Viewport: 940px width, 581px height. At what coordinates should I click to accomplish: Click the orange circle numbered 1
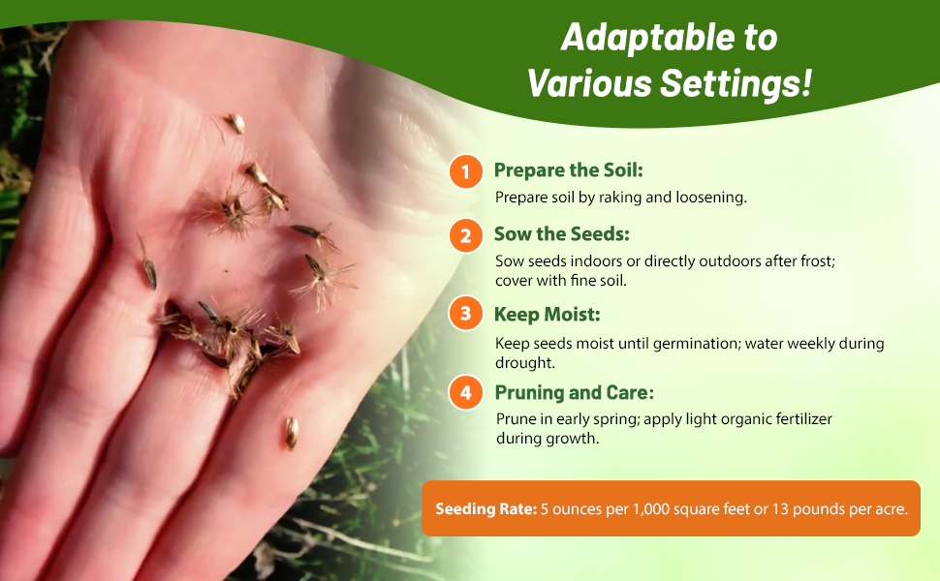466,172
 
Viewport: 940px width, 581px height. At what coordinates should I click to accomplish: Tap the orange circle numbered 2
466,235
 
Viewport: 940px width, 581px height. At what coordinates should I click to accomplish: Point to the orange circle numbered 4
466,393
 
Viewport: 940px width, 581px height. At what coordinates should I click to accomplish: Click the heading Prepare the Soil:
569,170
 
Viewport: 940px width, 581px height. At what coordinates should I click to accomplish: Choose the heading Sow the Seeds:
562,234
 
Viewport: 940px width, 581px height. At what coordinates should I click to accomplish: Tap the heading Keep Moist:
548,315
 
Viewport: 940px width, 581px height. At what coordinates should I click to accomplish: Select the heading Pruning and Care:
574,393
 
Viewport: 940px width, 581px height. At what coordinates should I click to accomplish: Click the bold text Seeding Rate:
486,508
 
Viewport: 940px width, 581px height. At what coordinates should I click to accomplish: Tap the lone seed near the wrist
290,432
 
